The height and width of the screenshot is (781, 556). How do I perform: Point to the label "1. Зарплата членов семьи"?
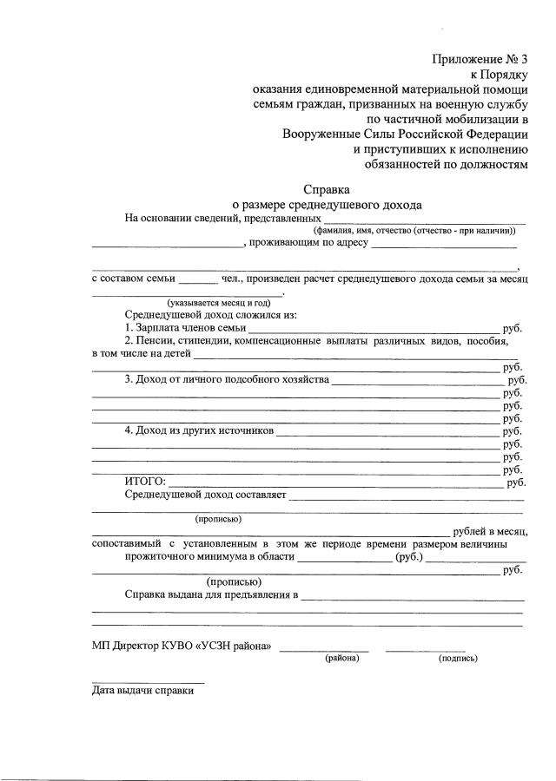185,328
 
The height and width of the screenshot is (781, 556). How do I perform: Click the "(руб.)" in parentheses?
408,556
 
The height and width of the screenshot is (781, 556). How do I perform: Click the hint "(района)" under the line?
342,659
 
